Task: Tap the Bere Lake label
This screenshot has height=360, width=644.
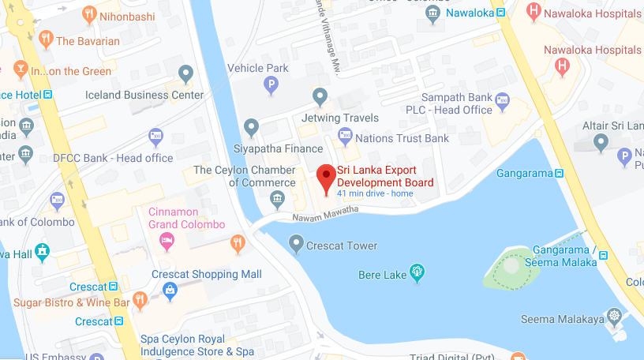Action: click(x=383, y=274)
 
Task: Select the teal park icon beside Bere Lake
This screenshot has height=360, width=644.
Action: click(x=417, y=273)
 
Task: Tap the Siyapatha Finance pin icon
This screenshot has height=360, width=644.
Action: click(x=252, y=126)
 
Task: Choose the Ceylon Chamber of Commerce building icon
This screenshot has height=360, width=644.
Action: click(x=277, y=198)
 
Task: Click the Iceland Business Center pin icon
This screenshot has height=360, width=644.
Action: click(x=186, y=75)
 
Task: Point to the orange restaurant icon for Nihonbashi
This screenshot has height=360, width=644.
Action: click(x=88, y=14)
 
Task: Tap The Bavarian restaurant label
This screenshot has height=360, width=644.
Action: click(x=88, y=40)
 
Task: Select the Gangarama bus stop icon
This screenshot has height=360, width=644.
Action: click(x=559, y=173)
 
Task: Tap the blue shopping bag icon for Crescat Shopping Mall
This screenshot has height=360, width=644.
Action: click(x=170, y=291)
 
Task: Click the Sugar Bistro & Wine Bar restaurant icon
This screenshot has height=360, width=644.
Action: click(x=140, y=300)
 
